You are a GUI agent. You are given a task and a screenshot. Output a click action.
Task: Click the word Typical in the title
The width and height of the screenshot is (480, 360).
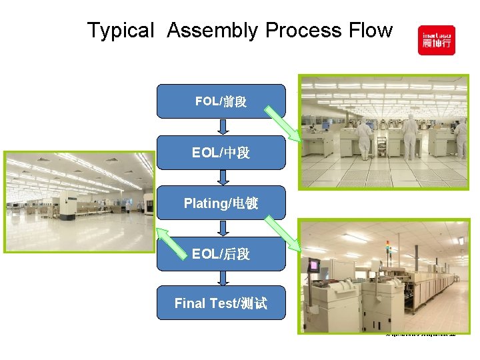121,31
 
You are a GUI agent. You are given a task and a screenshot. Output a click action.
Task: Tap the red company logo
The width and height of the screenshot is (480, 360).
436,40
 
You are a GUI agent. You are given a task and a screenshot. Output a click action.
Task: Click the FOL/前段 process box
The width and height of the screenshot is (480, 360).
221,101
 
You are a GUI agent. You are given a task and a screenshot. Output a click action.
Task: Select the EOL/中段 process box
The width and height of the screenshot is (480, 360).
221,153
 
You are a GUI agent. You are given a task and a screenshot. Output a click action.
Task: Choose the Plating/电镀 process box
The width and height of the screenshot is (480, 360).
221,203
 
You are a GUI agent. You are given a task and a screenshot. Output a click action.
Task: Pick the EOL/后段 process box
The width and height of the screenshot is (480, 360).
221,253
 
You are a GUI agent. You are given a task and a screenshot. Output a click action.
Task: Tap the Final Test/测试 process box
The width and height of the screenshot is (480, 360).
221,303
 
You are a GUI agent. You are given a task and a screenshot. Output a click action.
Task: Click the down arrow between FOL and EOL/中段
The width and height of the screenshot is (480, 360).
223,127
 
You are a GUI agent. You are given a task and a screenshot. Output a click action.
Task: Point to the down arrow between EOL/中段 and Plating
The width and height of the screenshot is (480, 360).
223,177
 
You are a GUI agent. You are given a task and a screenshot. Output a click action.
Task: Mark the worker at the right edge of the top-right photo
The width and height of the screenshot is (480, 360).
461,133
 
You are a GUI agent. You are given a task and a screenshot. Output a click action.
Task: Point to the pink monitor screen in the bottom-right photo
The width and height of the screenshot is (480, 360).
313,265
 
